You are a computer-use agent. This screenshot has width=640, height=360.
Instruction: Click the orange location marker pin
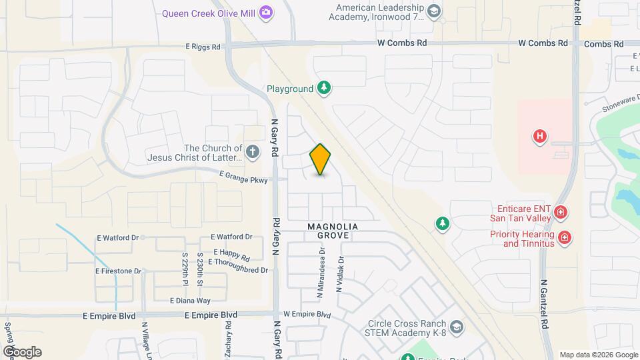[x=321, y=159]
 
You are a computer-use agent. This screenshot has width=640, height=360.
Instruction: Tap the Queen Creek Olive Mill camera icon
[x=266, y=12]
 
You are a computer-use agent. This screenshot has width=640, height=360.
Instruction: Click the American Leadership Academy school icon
[x=434, y=11]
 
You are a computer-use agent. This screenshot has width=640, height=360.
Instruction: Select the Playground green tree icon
[x=323, y=88]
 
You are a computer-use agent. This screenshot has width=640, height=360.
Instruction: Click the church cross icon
[x=252, y=152]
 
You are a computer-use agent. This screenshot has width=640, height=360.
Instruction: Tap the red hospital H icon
[x=540, y=137]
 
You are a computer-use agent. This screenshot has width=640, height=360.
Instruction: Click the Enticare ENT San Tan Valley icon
[x=561, y=213]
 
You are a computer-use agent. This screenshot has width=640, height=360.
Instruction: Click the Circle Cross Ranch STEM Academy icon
[x=457, y=327]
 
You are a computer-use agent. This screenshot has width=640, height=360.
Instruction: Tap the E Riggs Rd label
[x=207, y=47]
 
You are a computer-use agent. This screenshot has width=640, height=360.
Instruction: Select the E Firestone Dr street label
[x=119, y=271]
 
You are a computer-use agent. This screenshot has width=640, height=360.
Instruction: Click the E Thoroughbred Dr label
[x=238, y=270]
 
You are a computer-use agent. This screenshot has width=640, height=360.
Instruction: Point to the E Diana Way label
[x=190, y=301]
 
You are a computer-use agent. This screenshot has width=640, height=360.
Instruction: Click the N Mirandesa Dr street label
[x=321, y=273]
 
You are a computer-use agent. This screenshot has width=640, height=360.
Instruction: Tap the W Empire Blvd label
[x=307, y=314]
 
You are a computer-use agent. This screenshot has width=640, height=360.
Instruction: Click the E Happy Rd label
[x=231, y=255]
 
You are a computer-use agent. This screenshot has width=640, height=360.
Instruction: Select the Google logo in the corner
[x=23, y=352]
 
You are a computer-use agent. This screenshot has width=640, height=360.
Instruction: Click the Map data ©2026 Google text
[x=598, y=355]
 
